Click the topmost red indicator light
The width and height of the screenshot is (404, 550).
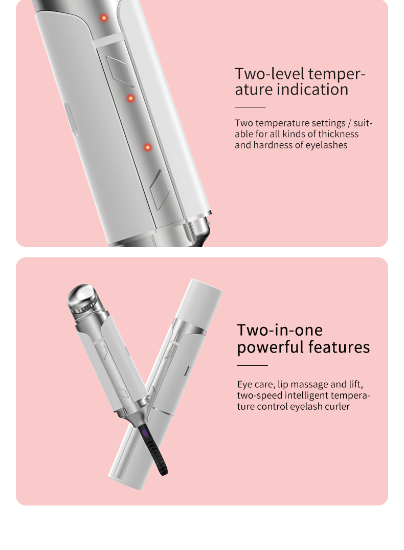104,18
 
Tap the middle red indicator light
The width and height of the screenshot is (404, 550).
130,98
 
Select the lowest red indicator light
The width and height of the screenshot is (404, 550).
147,147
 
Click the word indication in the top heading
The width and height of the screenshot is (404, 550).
312,90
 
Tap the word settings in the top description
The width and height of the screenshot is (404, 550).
331,123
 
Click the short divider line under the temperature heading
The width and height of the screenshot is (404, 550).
250,107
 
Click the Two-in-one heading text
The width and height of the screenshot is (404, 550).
280,329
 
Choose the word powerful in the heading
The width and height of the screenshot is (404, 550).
270,347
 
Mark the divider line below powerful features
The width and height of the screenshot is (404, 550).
252,365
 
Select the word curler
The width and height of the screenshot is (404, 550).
335,407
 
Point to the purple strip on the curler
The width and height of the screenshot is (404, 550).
145,434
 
